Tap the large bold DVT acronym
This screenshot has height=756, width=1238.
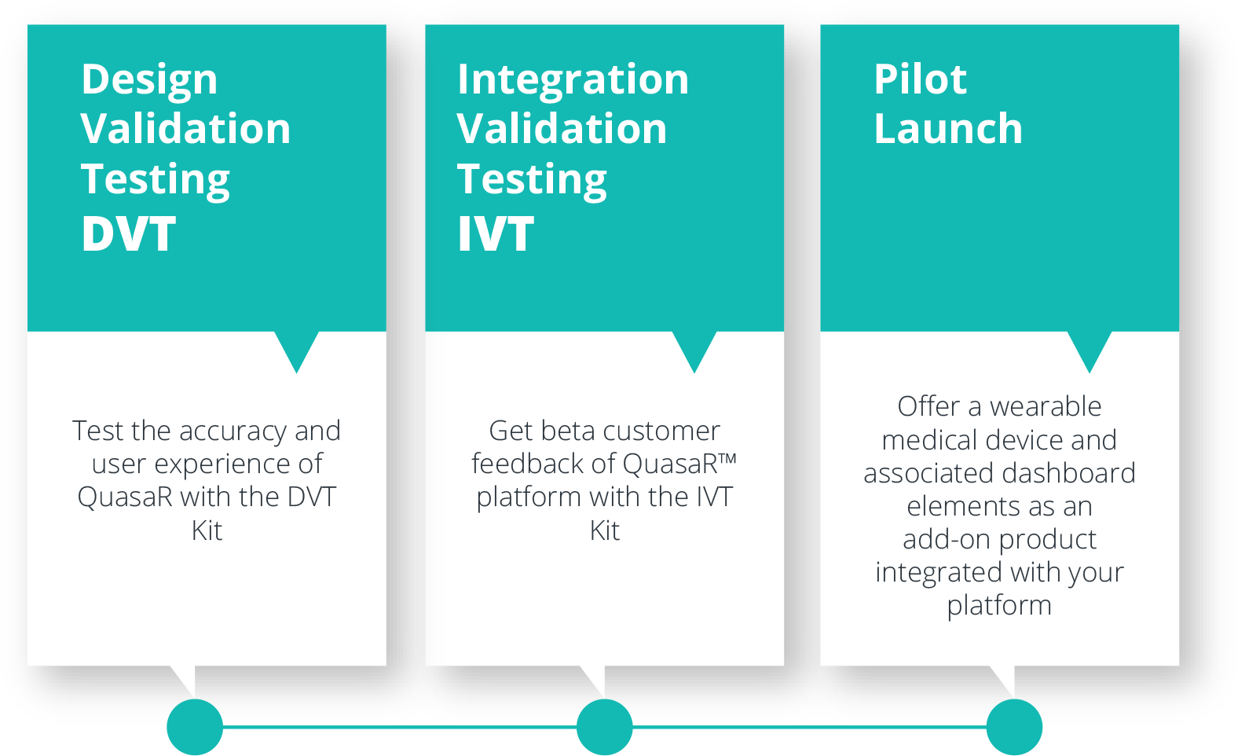128,233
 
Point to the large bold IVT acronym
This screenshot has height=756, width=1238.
496,233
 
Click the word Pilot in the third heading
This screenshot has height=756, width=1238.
920,79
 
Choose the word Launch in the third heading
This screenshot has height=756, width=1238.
948,128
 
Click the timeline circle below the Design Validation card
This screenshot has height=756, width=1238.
195,727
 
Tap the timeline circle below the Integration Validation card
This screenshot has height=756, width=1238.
605,727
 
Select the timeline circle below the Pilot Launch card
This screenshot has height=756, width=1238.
1014,727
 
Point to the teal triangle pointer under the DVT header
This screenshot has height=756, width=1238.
296,348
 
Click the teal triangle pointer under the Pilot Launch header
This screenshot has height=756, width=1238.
1090,348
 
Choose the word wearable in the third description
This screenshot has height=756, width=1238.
1045,406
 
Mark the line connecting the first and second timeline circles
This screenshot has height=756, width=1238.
400,727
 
